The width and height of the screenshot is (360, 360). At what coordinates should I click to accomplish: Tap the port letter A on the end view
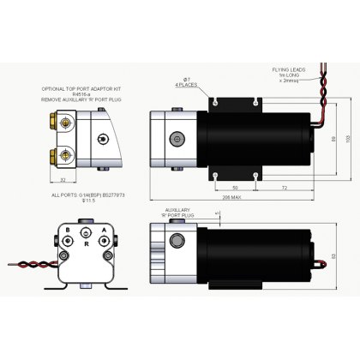click(104, 230)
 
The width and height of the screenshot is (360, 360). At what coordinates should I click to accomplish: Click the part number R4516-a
click(81, 94)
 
